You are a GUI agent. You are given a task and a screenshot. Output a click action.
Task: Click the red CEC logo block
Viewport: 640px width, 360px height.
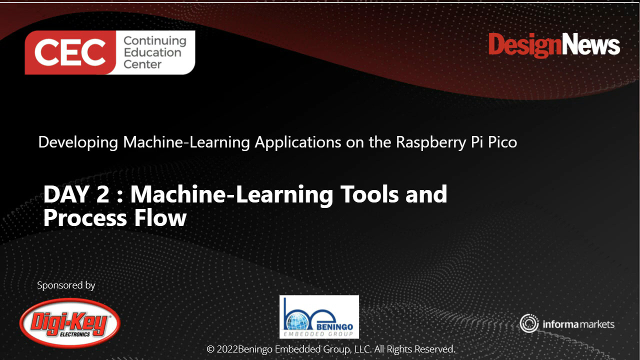[x=70, y=52]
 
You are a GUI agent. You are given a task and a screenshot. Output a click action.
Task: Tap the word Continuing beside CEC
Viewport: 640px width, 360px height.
[x=154, y=40]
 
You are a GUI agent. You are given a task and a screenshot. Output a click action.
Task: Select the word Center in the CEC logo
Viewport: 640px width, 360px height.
[x=142, y=64]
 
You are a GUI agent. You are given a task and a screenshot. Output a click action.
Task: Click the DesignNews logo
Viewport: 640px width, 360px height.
[x=554, y=45]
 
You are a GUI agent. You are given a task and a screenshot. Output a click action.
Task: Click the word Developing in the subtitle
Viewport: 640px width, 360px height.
[x=78, y=142]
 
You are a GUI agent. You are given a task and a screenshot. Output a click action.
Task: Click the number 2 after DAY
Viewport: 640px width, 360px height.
[x=102, y=194]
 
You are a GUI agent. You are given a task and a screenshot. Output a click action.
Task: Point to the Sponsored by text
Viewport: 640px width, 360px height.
[x=66, y=285]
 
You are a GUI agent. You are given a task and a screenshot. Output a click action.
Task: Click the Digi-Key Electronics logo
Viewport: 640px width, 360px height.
[x=70, y=323]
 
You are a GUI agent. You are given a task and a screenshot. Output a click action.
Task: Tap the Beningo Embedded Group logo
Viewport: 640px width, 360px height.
[x=319, y=316]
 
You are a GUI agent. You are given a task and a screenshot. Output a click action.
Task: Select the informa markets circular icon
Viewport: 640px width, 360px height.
[x=528, y=323]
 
